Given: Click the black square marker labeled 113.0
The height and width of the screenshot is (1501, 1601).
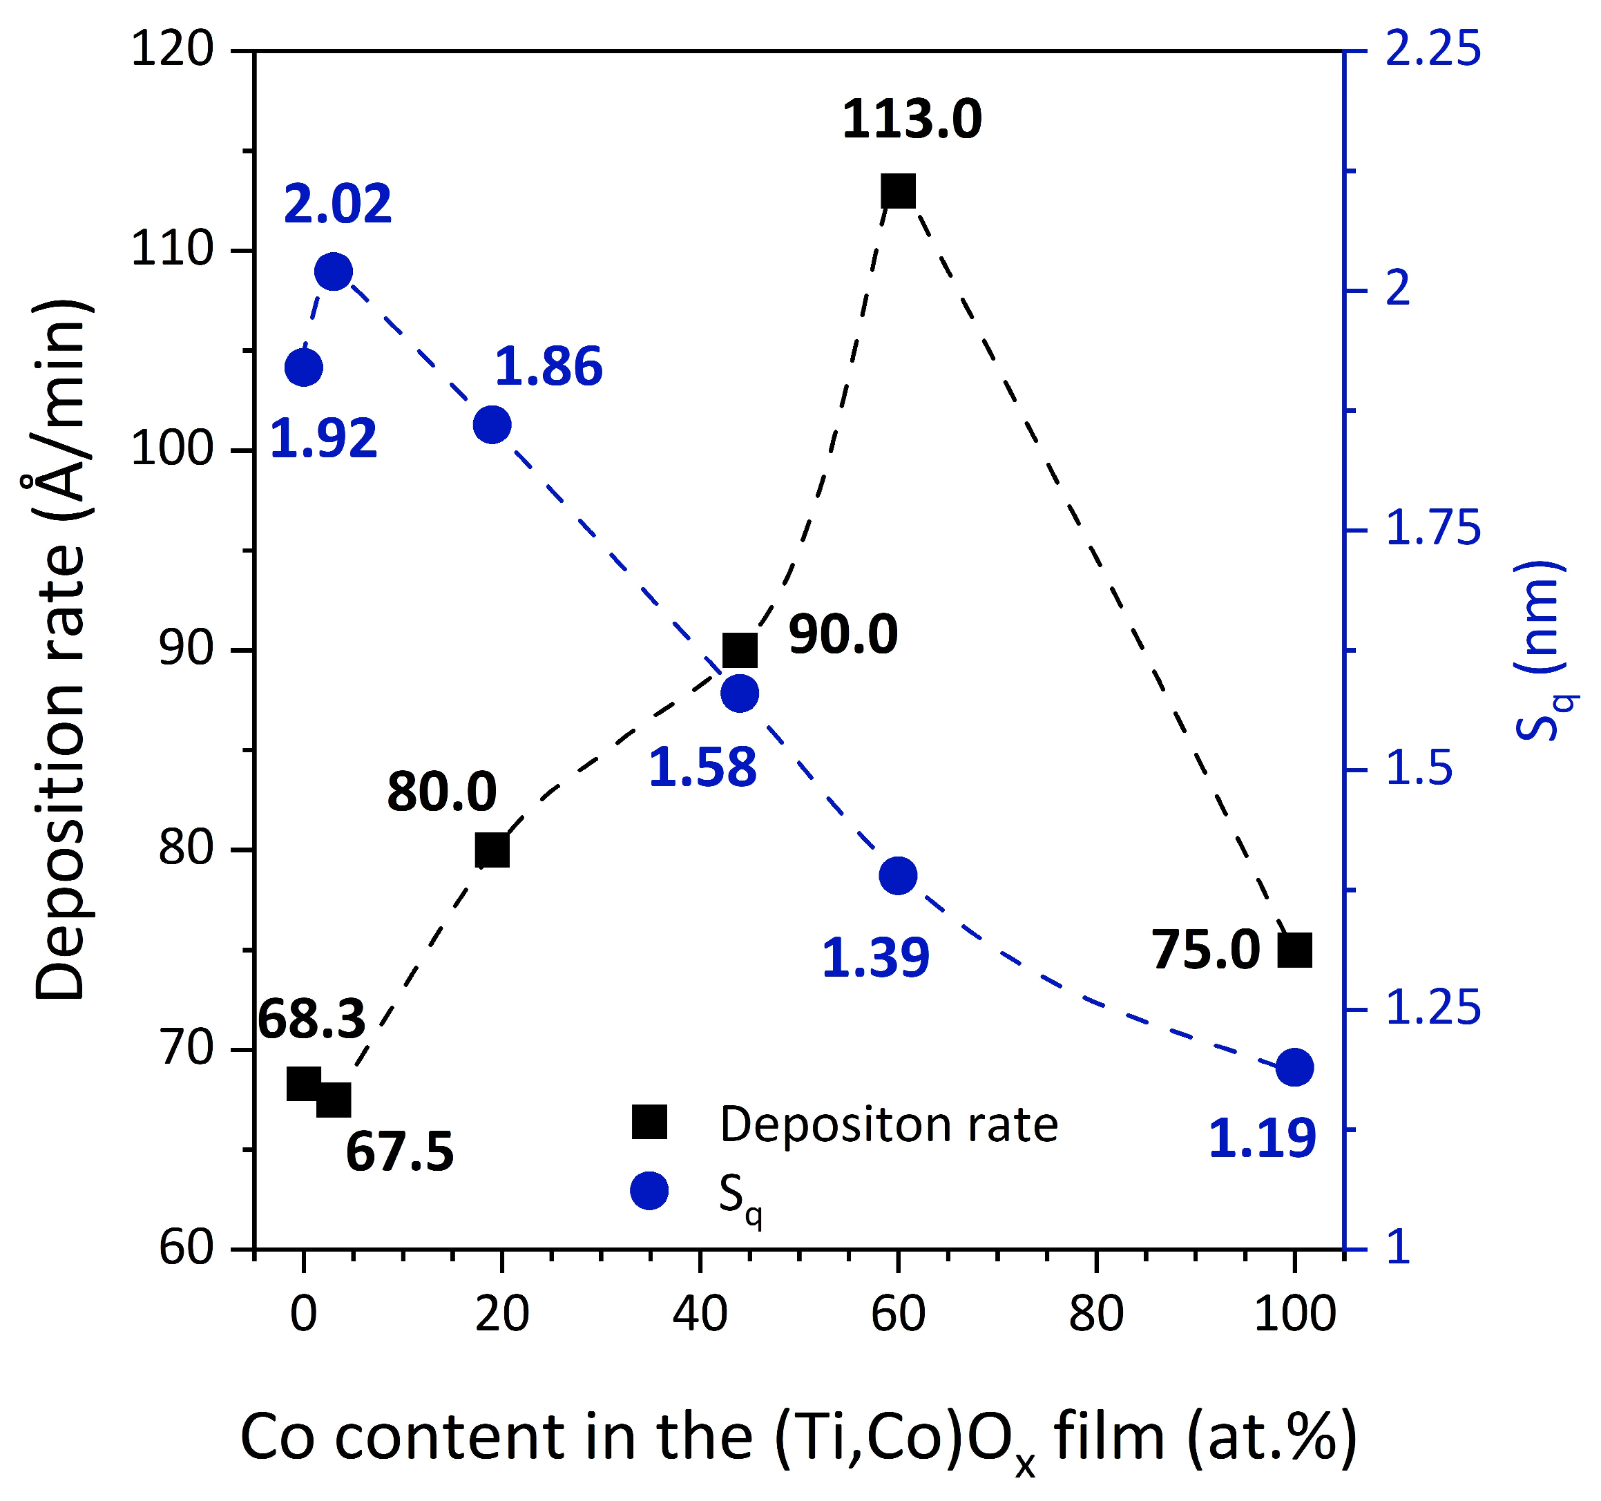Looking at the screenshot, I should pyautogui.click(x=898, y=191).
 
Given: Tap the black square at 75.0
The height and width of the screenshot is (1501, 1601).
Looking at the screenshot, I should pyautogui.click(x=1295, y=950).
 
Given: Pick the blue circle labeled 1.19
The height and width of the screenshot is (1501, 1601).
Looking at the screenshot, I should pyautogui.click(x=1295, y=1069).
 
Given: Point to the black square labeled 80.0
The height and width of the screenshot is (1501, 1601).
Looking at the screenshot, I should pyautogui.click(x=492, y=850).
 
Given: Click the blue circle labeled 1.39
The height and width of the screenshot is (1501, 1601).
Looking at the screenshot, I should pyautogui.click(x=898, y=875).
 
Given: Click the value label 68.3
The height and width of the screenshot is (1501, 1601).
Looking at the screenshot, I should pyautogui.click(x=311, y=1019).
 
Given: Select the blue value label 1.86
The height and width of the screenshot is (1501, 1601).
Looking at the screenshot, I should pyautogui.click(x=548, y=366).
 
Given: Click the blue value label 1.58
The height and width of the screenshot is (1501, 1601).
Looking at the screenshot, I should pyautogui.click(x=702, y=767).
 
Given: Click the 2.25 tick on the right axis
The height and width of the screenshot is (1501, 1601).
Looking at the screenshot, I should pyautogui.click(x=1432, y=50).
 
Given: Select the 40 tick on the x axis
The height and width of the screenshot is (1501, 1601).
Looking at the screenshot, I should pyautogui.click(x=700, y=1315).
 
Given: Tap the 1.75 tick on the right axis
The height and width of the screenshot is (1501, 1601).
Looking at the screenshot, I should pyautogui.click(x=1432, y=529).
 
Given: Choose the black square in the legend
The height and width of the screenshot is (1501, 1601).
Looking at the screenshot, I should pyautogui.click(x=649, y=1122).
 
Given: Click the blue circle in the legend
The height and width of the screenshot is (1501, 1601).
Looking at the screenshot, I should pyautogui.click(x=649, y=1191).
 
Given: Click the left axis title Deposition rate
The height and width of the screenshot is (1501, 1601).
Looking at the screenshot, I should pyautogui.click(x=60, y=648).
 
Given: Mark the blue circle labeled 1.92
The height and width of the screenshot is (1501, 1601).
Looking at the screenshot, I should pyautogui.click(x=304, y=368).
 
